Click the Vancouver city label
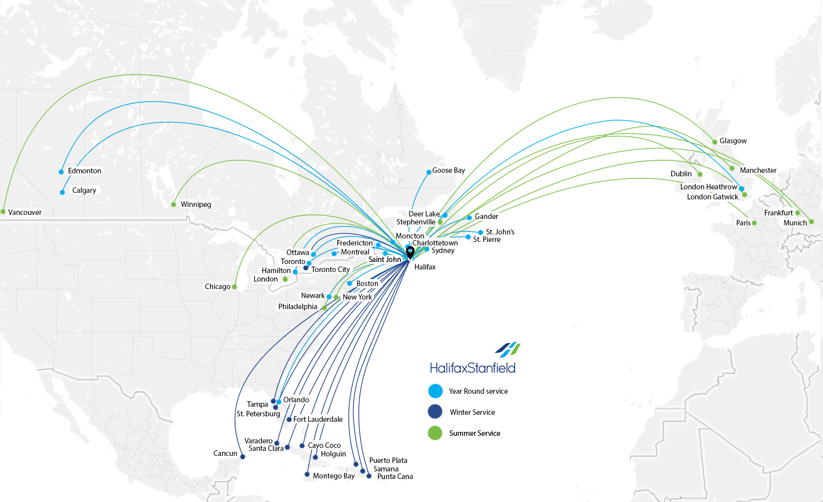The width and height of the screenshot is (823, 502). click(25, 212)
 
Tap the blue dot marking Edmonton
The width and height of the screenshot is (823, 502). click(61, 172)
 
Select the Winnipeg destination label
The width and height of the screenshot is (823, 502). click(195, 204)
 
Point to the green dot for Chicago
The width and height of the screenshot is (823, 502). click(234, 287)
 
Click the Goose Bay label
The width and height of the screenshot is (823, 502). click(449, 170)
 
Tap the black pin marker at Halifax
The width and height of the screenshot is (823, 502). click(410, 252)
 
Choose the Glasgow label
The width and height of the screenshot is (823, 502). click(733, 141)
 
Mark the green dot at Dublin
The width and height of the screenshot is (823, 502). click(700, 174)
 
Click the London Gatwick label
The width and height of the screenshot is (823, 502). click(712, 197)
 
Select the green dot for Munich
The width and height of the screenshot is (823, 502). click(811, 221)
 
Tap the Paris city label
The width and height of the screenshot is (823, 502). click(743, 223)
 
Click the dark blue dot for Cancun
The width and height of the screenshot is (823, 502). click(243, 457)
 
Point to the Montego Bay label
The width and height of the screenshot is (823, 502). click(334, 476)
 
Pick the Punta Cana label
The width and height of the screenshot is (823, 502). click(395, 476)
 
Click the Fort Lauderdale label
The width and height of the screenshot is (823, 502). click(318, 419)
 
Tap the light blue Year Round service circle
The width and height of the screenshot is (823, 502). click(436, 391)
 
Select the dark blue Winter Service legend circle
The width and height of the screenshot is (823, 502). click(435, 412)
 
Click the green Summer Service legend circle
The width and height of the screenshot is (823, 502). click(435, 433)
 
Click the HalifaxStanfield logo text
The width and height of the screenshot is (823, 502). click(472, 368)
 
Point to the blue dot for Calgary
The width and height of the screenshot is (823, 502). click(62, 192)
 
